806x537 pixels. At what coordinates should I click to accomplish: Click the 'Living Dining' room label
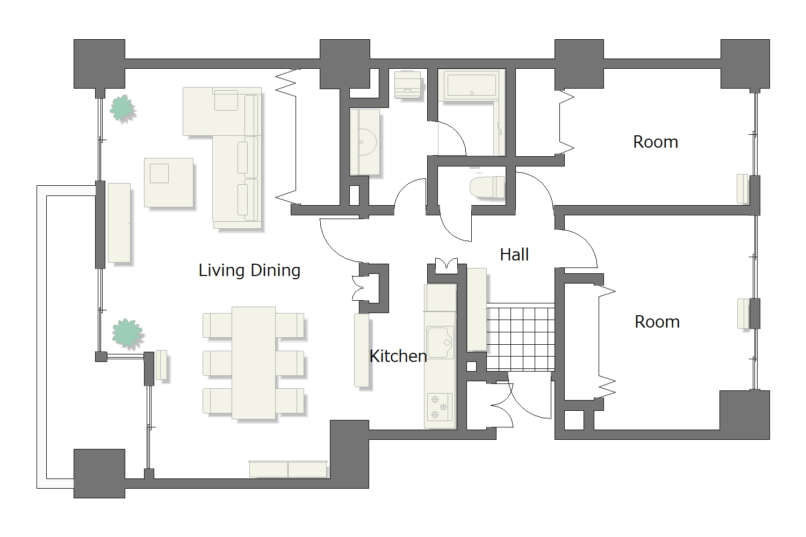249,271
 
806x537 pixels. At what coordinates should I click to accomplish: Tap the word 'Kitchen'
398,356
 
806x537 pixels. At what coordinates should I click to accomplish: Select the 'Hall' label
514,255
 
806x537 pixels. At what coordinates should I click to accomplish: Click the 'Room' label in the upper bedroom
656,142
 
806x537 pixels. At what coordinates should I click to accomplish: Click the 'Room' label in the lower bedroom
657,322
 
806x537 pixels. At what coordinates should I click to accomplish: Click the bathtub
471,85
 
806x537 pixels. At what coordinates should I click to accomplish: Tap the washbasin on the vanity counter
367,142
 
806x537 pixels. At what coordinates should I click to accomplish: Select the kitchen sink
440,343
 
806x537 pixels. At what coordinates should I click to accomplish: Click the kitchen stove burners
440,407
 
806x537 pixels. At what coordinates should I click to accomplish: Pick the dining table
254,363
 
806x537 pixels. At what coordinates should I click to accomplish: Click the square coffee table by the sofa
168,183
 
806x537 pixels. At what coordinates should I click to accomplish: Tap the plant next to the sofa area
123,108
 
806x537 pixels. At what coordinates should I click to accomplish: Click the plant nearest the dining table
127,333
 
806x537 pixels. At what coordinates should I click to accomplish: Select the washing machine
408,84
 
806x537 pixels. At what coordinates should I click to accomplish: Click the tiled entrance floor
520,337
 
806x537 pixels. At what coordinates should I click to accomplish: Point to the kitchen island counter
362,350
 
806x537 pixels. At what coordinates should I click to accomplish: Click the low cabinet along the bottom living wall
288,469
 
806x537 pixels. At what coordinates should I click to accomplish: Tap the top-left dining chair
217,325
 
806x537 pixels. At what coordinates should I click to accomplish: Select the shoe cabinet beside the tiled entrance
477,309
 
